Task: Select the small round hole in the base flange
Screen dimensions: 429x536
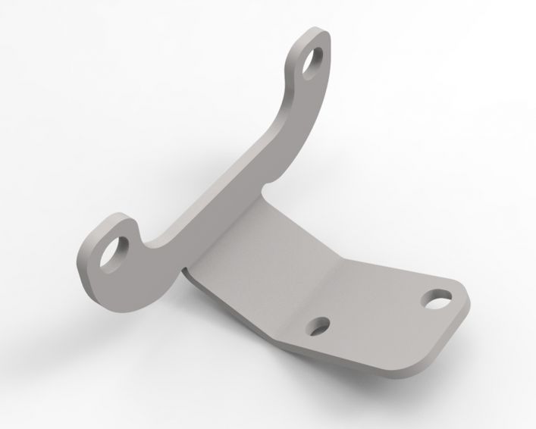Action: (x=319, y=325)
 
